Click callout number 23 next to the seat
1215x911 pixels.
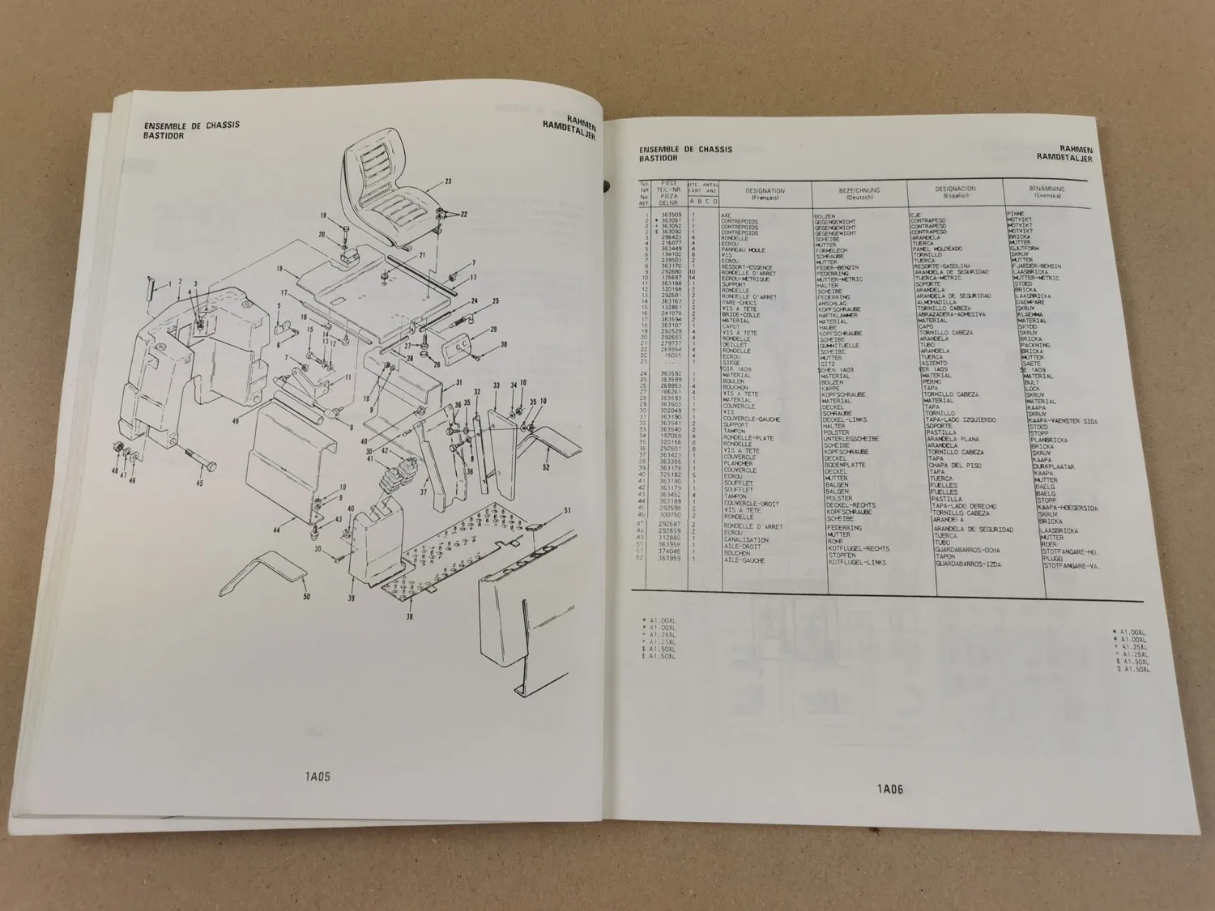point(448,181)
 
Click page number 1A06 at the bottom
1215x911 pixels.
point(889,788)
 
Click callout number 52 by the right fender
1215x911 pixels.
point(546,467)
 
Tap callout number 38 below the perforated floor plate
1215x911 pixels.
point(408,615)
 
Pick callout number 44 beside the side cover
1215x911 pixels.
point(276,530)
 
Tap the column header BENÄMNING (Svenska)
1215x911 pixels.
point(1047,193)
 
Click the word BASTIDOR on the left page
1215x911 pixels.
point(164,136)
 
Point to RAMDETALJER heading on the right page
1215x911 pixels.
point(1064,160)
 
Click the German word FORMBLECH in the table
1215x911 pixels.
point(831,249)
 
